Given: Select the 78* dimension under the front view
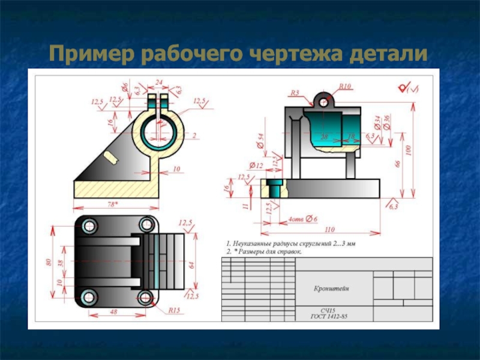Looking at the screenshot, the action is click(112, 205).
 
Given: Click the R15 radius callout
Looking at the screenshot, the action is click(174, 310).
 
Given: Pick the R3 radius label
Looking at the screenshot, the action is click(294, 93).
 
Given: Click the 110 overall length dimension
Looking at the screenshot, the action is click(328, 229).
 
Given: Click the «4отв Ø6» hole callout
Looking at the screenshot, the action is click(302, 219).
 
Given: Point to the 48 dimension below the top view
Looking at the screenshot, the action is click(114, 311).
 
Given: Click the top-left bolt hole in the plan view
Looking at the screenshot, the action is click(90, 226).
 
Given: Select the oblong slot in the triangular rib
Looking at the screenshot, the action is click(112, 157).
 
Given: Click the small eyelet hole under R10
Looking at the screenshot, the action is click(325, 102).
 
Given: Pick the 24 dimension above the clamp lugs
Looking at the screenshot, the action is click(158, 83).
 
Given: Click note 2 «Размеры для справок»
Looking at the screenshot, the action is click(264, 252).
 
